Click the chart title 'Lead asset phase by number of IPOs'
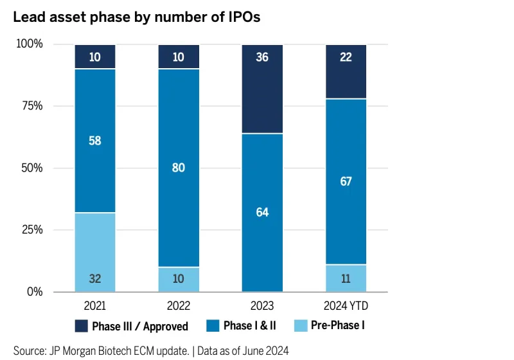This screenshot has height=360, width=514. click(x=137, y=17)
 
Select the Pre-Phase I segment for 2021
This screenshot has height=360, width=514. click(x=95, y=252)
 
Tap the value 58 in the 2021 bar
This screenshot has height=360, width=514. click(x=95, y=140)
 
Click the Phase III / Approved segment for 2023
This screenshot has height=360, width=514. click(x=262, y=89)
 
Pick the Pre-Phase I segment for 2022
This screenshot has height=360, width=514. click(x=179, y=279)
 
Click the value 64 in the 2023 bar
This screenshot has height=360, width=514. click(x=262, y=212)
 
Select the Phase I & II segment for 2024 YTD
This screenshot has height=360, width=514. click(x=346, y=181)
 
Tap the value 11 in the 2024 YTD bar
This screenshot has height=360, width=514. click(x=346, y=279)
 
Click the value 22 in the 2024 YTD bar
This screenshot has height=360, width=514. click(x=346, y=58)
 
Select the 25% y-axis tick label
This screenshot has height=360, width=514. click(x=29, y=230)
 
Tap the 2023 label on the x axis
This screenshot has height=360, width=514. click(x=262, y=305)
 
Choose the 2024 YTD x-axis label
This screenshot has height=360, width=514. click(x=346, y=305)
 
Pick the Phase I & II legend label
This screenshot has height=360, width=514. click(x=250, y=326)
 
